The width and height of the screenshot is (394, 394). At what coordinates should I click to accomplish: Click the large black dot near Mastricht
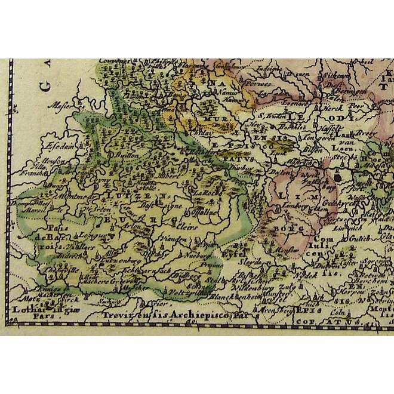(338, 177)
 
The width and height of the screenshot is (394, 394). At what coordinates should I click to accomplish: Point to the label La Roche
(204, 193)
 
